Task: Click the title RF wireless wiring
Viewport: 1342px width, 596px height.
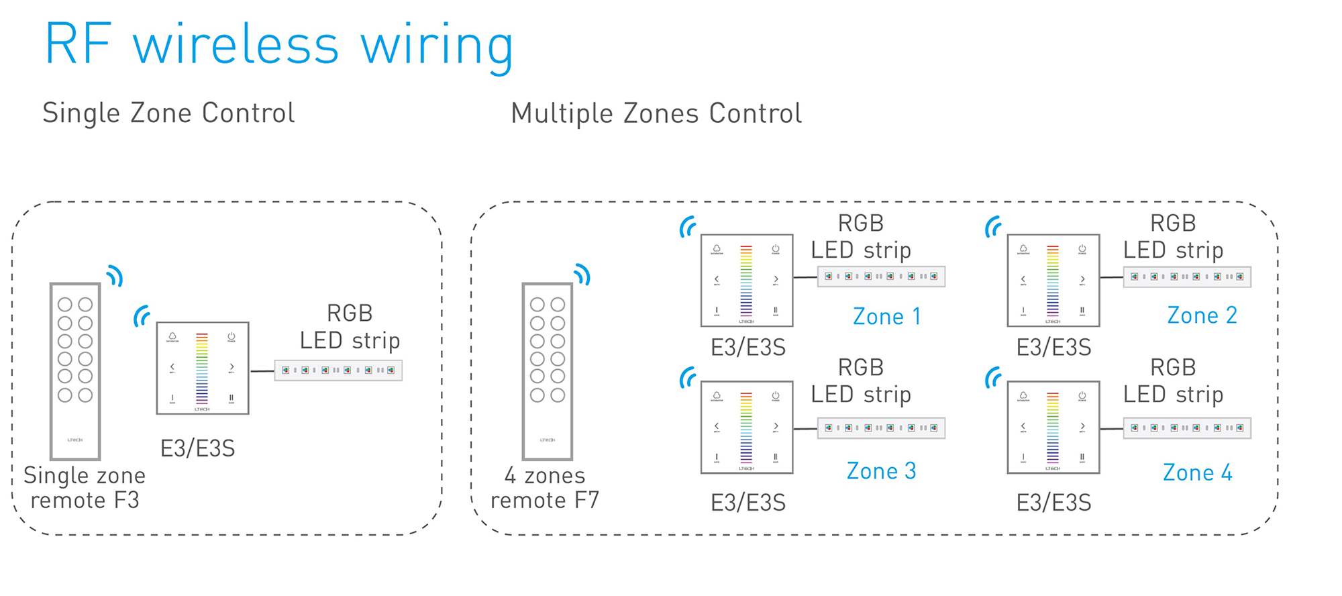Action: pos(278,44)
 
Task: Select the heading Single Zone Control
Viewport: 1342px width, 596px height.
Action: pos(168,113)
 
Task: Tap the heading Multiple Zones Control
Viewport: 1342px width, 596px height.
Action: pos(656,113)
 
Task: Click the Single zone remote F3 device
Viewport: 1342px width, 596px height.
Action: pos(75,370)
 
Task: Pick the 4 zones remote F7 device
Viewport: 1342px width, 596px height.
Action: pos(548,370)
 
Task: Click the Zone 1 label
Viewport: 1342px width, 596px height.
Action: pos(886,316)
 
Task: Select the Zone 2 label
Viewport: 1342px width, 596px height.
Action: pos(1202,315)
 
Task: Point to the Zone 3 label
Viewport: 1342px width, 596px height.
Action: pos(881,471)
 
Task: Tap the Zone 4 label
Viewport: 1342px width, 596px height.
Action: pos(1197,473)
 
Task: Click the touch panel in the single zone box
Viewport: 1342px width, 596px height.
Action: pos(203,368)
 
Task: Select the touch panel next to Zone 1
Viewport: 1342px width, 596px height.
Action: pos(747,280)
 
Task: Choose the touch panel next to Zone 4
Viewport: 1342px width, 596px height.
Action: pos(1053,428)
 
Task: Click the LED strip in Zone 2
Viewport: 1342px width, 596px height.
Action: pos(1187,277)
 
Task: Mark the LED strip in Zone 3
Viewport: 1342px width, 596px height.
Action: pos(881,428)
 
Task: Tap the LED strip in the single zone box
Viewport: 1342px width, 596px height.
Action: pos(338,370)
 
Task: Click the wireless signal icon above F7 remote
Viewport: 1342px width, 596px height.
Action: pos(582,274)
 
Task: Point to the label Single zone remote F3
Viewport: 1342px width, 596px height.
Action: pos(85,488)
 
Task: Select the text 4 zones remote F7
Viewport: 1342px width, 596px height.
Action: pos(545,488)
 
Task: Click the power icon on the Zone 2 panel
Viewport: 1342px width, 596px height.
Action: pos(1082,249)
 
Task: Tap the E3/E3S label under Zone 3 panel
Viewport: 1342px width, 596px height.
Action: pos(747,503)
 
